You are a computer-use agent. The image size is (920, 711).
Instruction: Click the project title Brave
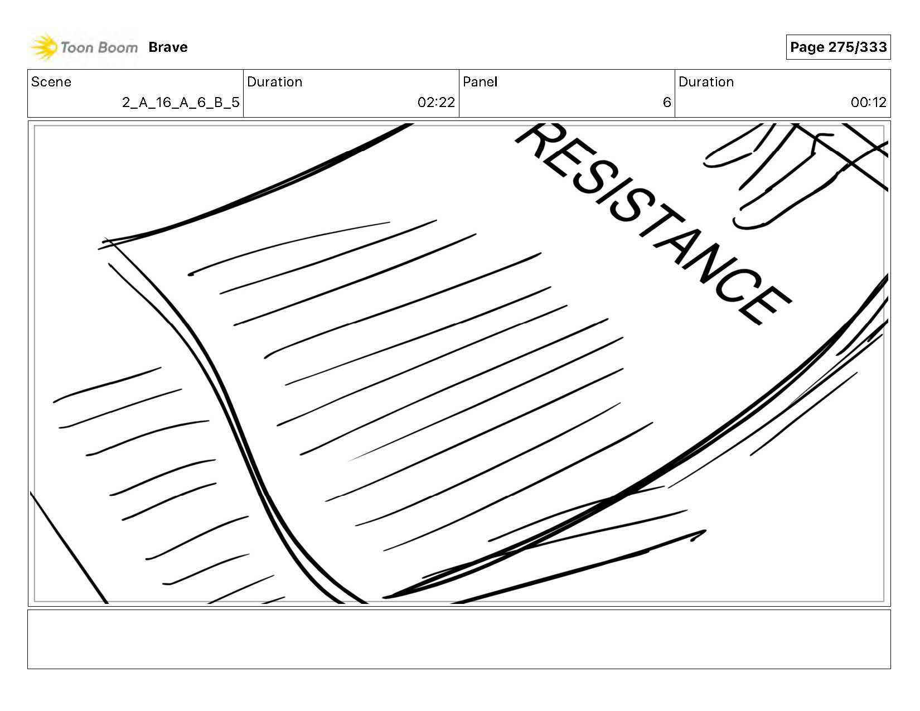pyautogui.click(x=168, y=47)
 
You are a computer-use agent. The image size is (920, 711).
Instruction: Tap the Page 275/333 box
pyautogui.click(x=838, y=47)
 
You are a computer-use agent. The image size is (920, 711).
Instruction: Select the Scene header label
pyautogui.click(x=51, y=82)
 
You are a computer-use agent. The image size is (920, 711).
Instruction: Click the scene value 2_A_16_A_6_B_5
pyautogui.click(x=181, y=103)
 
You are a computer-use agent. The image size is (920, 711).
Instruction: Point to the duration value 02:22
pyautogui.click(x=436, y=103)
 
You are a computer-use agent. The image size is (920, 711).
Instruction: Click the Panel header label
pyautogui.click(x=480, y=82)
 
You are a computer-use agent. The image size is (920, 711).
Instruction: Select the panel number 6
pyautogui.click(x=666, y=103)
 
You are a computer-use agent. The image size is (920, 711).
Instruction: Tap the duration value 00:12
pyautogui.click(x=868, y=103)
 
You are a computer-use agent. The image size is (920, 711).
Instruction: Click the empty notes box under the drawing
pyautogui.click(x=459, y=639)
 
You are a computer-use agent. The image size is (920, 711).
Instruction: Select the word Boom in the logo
pyautogui.click(x=119, y=47)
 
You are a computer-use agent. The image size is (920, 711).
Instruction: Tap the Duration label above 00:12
pyautogui.click(x=706, y=82)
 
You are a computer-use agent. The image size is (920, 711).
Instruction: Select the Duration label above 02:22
pyautogui.click(x=274, y=82)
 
